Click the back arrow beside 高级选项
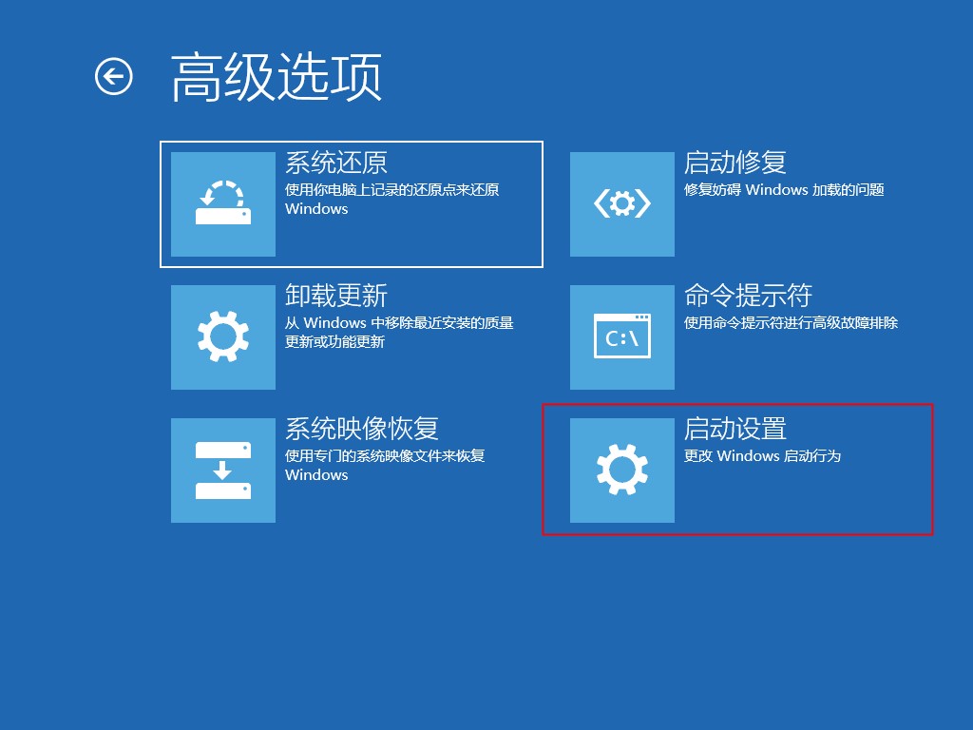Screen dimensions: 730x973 [114, 76]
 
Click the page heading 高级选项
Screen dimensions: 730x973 [277, 77]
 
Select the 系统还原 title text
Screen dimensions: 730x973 [336, 163]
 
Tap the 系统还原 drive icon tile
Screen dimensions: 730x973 [223, 204]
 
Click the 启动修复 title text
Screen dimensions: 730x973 [735, 163]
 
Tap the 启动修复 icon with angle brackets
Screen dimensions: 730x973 [622, 204]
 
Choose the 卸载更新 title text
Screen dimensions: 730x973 [336, 296]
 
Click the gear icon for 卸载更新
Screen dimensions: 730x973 [223, 337]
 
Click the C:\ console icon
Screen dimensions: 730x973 [622, 337]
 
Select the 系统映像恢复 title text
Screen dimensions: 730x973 [362, 429]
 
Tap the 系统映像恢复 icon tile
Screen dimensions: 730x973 [223, 471]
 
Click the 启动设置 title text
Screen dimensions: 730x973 [735, 429]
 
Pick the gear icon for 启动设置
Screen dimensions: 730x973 [622, 471]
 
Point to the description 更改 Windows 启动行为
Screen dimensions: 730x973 [763, 456]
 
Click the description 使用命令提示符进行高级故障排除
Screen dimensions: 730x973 [791, 323]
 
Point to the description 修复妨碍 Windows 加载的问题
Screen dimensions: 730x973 [784, 190]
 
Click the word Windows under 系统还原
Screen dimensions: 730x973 [316, 209]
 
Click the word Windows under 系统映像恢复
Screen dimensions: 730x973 [316, 475]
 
